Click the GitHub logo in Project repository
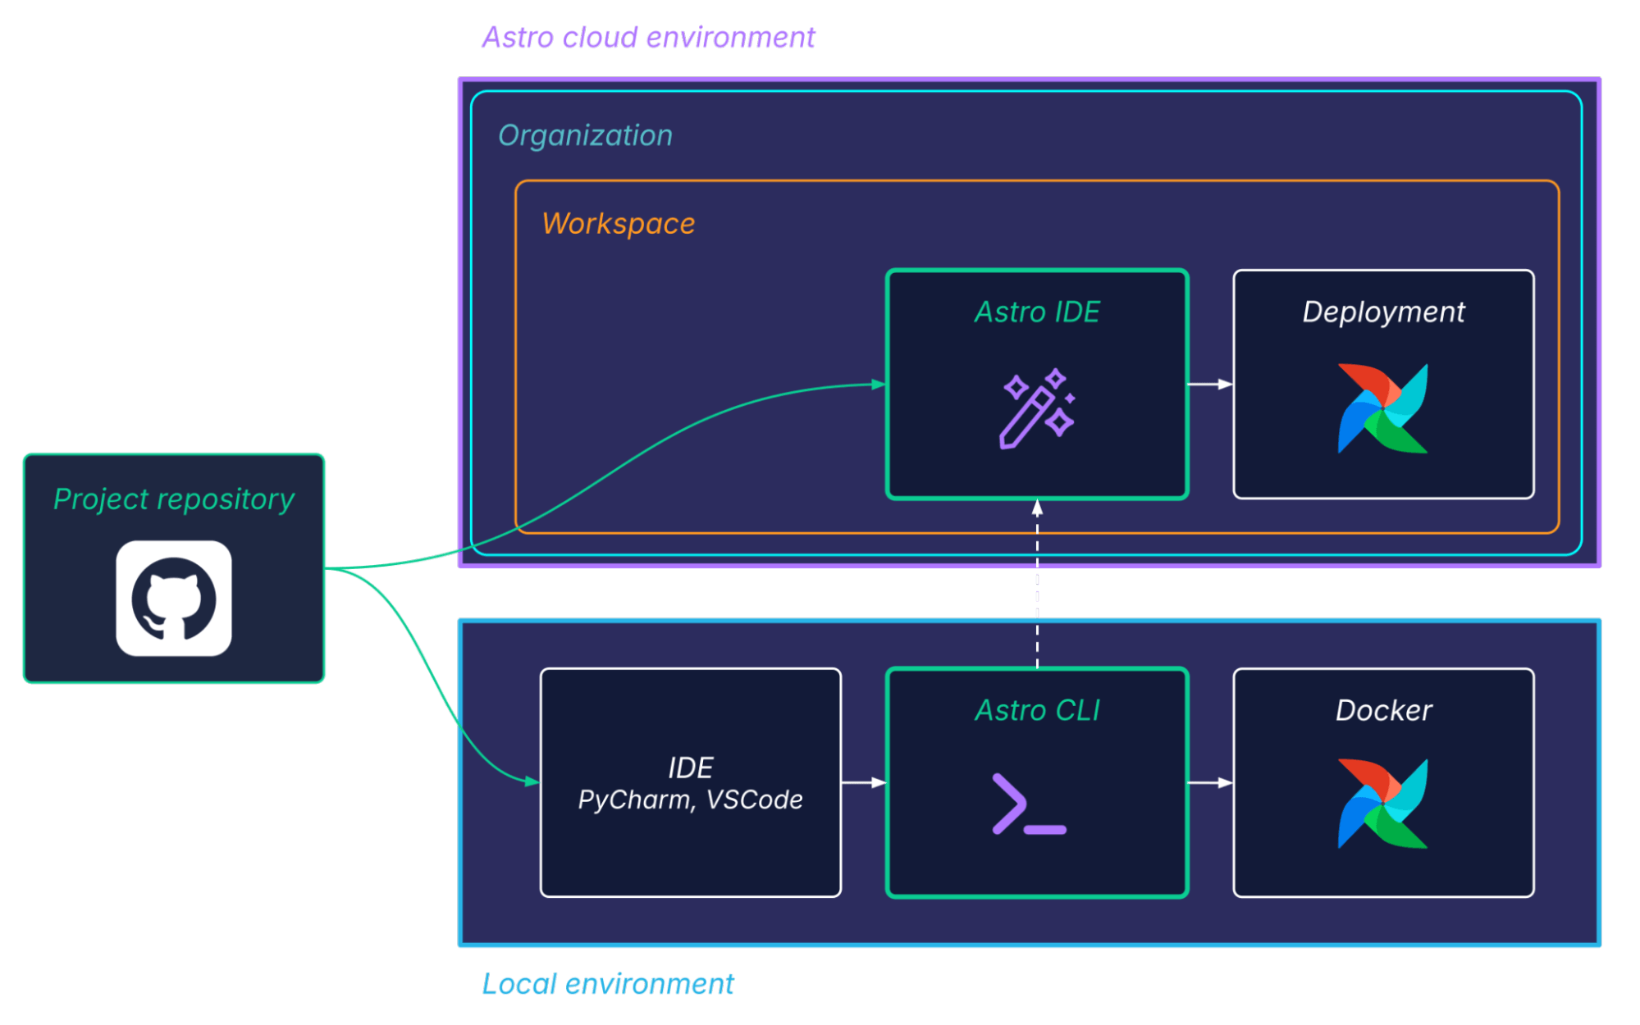point(174,599)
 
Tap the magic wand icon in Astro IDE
point(1036,408)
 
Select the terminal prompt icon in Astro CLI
point(1029,804)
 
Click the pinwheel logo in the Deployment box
point(1383,408)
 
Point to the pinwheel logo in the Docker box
point(1383,804)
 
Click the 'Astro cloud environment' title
point(648,38)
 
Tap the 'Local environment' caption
point(608,984)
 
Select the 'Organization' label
point(585,135)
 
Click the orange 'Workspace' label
point(619,224)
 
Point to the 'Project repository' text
point(174,499)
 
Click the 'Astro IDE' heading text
point(1037,312)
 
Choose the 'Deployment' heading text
point(1383,312)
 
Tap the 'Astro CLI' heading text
point(1037,710)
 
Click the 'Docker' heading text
point(1383,710)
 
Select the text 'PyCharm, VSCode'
point(690,799)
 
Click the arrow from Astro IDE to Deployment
point(1210,384)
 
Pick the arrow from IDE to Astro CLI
point(864,782)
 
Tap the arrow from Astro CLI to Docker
point(1210,782)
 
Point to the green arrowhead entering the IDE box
point(532,781)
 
